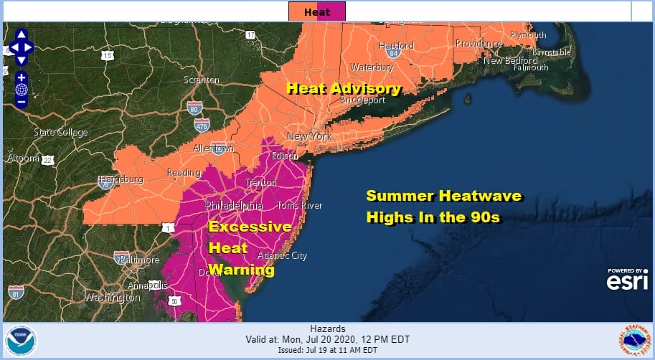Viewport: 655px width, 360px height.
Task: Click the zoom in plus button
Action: click(x=22, y=77)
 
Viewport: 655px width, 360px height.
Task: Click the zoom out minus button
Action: click(x=22, y=102)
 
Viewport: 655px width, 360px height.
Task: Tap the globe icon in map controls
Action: click(x=22, y=90)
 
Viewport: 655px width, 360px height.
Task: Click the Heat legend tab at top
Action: click(x=317, y=11)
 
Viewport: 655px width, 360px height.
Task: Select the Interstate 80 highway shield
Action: click(x=194, y=108)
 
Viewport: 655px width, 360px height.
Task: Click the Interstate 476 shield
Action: click(x=203, y=125)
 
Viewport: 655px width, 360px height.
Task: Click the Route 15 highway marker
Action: click(x=108, y=56)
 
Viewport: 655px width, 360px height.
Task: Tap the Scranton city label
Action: click(x=202, y=80)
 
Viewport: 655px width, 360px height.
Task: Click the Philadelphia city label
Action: click(x=235, y=205)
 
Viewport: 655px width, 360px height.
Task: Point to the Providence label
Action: click(x=479, y=44)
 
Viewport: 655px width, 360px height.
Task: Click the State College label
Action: click(x=61, y=132)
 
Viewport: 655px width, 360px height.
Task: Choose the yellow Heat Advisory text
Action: click(x=343, y=88)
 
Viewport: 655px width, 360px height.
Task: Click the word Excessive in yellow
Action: click(x=250, y=227)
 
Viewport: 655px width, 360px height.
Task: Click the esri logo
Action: click(x=627, y=281)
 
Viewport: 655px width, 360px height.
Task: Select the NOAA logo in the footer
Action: click(x=19, y=341)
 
